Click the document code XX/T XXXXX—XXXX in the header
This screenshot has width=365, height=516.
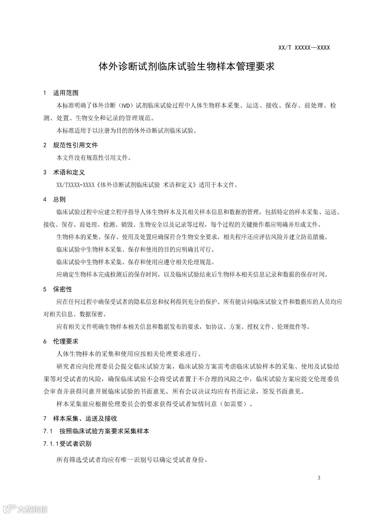point(304,48)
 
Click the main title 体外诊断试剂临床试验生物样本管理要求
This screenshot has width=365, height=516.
point(187,66)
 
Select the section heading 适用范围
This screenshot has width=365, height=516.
point(66,93)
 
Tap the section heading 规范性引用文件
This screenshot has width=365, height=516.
point(75,145)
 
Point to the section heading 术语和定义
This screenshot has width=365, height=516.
point(69,172)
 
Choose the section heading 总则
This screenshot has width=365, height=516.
point(59,199)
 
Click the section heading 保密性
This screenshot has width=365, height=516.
point(63,289)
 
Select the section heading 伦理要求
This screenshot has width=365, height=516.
point(66,341)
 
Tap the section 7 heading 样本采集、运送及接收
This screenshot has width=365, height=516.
point(85,418)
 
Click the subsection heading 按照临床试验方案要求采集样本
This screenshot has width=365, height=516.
point(104,431)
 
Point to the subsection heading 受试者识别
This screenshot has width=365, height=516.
point(75,444)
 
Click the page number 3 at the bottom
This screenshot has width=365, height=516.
point(319,477)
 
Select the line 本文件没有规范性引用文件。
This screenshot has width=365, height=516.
point(94,158)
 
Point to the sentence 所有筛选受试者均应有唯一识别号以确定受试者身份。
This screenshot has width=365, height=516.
point(132,460)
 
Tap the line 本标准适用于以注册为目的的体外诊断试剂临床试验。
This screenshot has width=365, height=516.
point(126,130)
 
